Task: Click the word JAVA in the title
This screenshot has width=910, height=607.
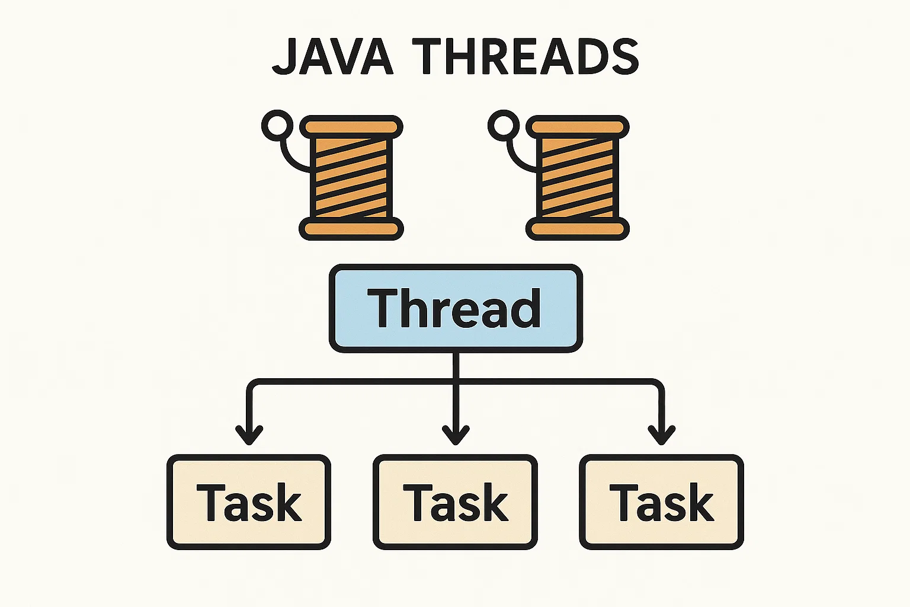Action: coord(333,56)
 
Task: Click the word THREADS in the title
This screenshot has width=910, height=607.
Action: coord(528,56)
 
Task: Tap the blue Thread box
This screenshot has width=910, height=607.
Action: coord(456,308)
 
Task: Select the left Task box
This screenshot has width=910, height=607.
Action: coord(249,502)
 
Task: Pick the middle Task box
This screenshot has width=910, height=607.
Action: coord(455,502)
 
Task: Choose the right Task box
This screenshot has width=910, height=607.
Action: coord(661,502)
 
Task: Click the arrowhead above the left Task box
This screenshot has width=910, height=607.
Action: coord(249,435)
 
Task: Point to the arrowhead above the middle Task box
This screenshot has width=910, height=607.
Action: coord(456,435)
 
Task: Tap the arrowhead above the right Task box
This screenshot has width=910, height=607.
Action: coord(661,435)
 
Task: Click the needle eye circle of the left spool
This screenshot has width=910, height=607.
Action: coord(277,125)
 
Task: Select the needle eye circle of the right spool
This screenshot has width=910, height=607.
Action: coord(504,125)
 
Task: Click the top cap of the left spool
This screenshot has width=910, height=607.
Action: coord(351,127)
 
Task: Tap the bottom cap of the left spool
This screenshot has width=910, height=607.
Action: coord(351,229)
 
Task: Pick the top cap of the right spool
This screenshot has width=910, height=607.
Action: coord(578,127)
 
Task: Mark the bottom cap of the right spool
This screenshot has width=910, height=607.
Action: coord(578,229)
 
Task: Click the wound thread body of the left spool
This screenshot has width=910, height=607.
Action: coord(351,178)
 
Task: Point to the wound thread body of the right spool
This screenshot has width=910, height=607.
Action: coord(578,178)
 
